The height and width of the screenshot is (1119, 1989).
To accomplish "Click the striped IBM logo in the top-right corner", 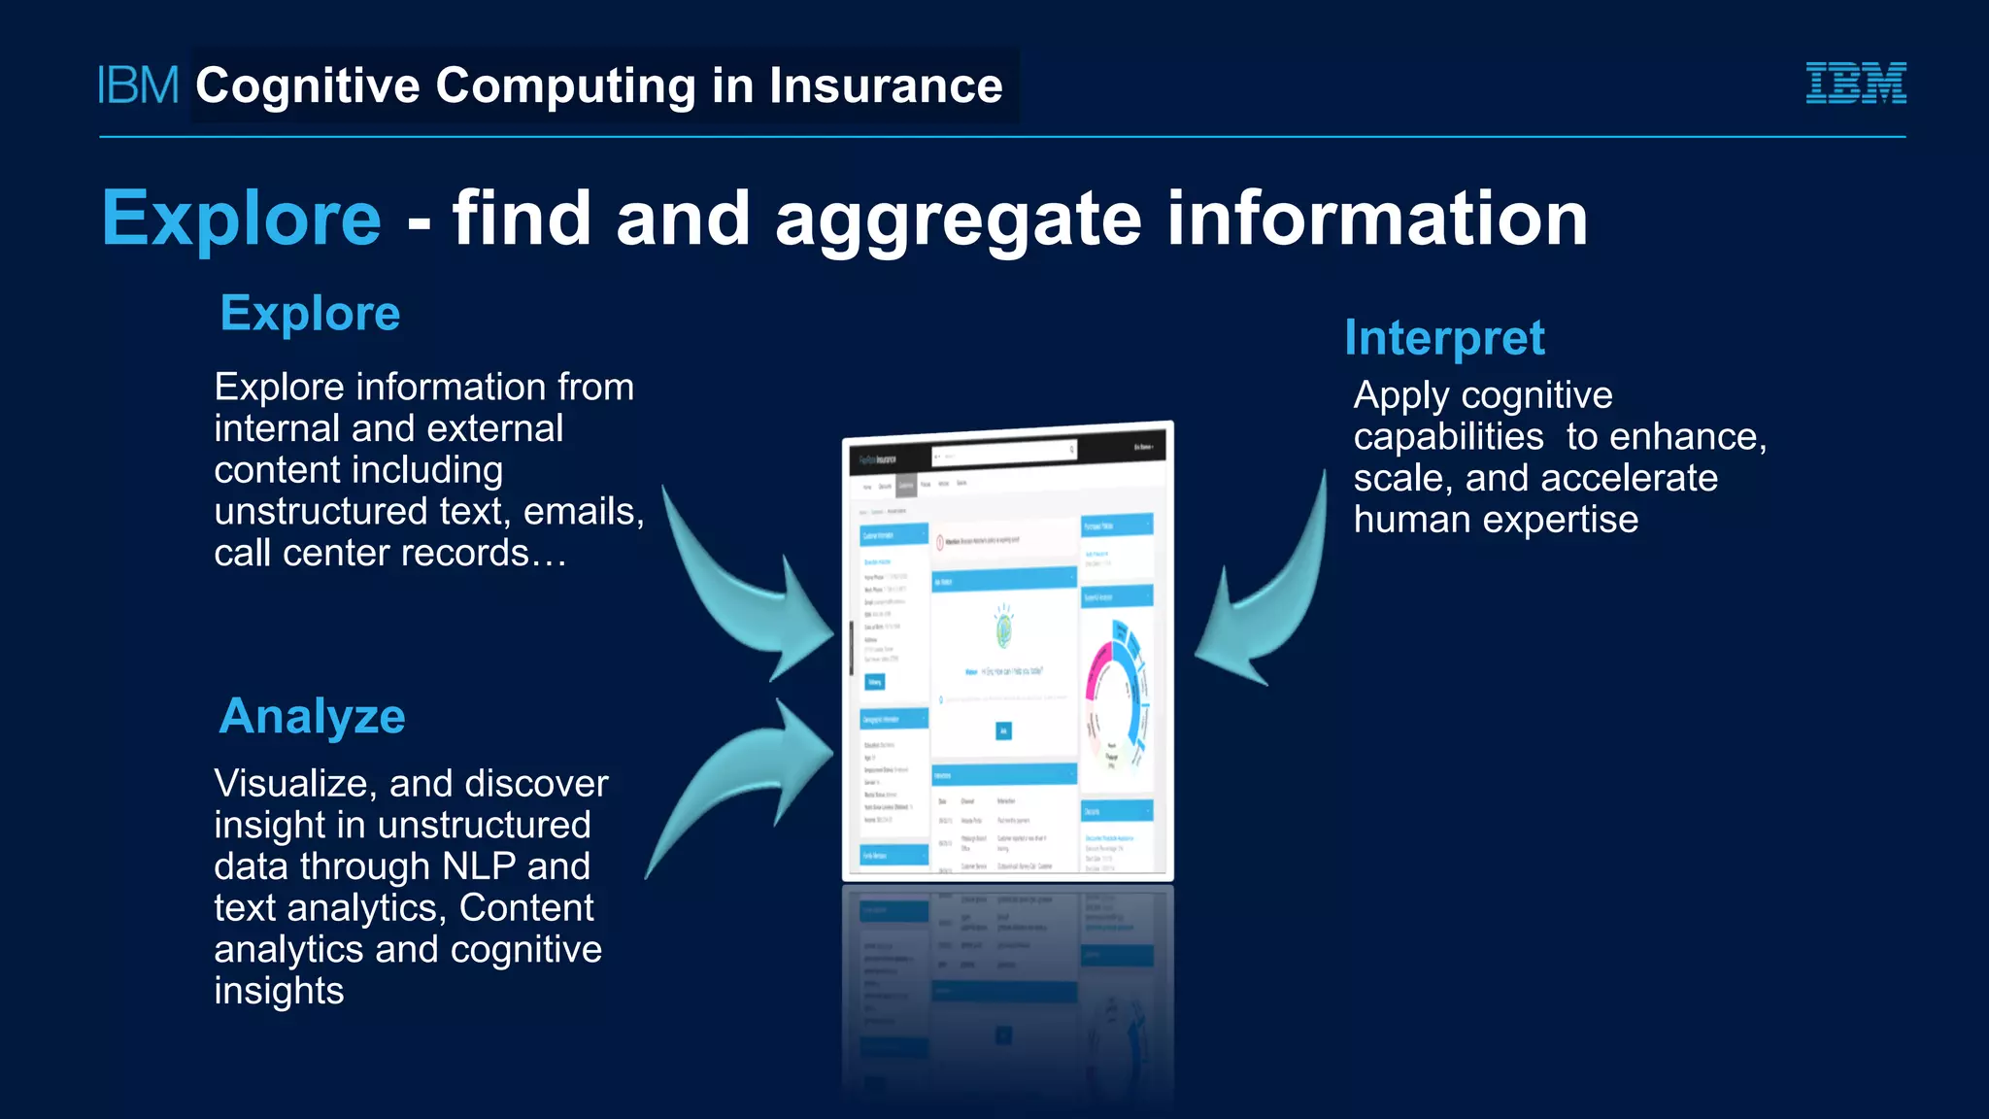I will (x=1855, y=83).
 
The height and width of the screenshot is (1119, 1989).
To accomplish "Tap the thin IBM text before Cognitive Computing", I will (x=139, y=85).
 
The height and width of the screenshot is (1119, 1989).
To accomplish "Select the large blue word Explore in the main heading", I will (x=242, y=219).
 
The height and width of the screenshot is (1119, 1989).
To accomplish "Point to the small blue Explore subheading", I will (x=310, y=314).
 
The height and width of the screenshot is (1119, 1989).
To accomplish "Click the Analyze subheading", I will (x=312, y=717).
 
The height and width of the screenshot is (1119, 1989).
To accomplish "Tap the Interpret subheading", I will (x=1444, y=338).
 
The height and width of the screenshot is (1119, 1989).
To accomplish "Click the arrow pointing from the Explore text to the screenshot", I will (x=748, y=593).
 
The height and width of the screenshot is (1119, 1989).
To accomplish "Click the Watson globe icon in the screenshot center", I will (x=1004, y=627).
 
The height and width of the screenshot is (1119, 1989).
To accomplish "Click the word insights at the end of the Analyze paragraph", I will (x=279, y=991).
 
